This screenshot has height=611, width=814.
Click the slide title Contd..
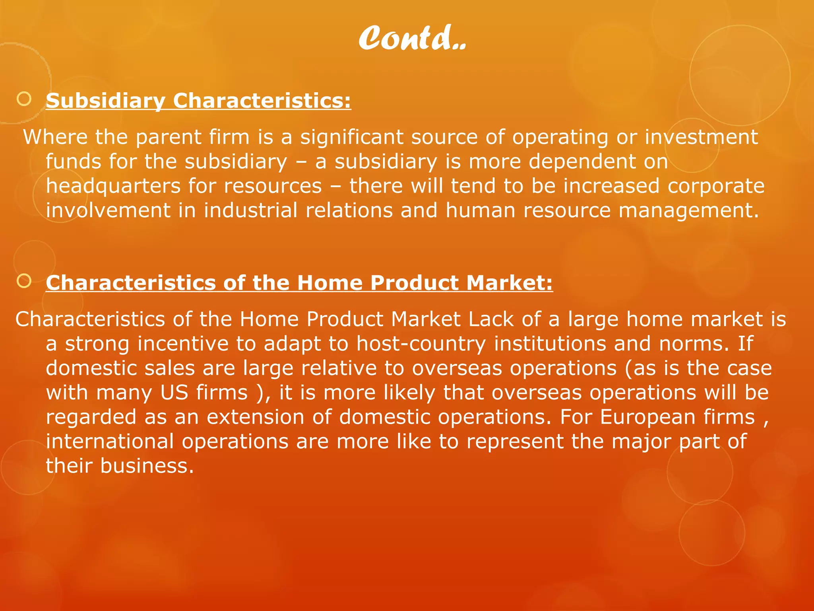click(x=412, y=38)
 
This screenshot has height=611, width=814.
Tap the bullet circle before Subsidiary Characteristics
click(x=24, y=99)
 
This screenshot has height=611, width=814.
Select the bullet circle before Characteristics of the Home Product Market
click(x=24, y=281)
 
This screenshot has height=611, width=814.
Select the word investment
click(x=701, y=137)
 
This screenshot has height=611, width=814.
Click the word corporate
click(x=716, y=186)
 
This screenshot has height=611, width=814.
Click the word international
click(x=110, y=442)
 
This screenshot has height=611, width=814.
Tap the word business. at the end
click(x=147, y=466)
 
